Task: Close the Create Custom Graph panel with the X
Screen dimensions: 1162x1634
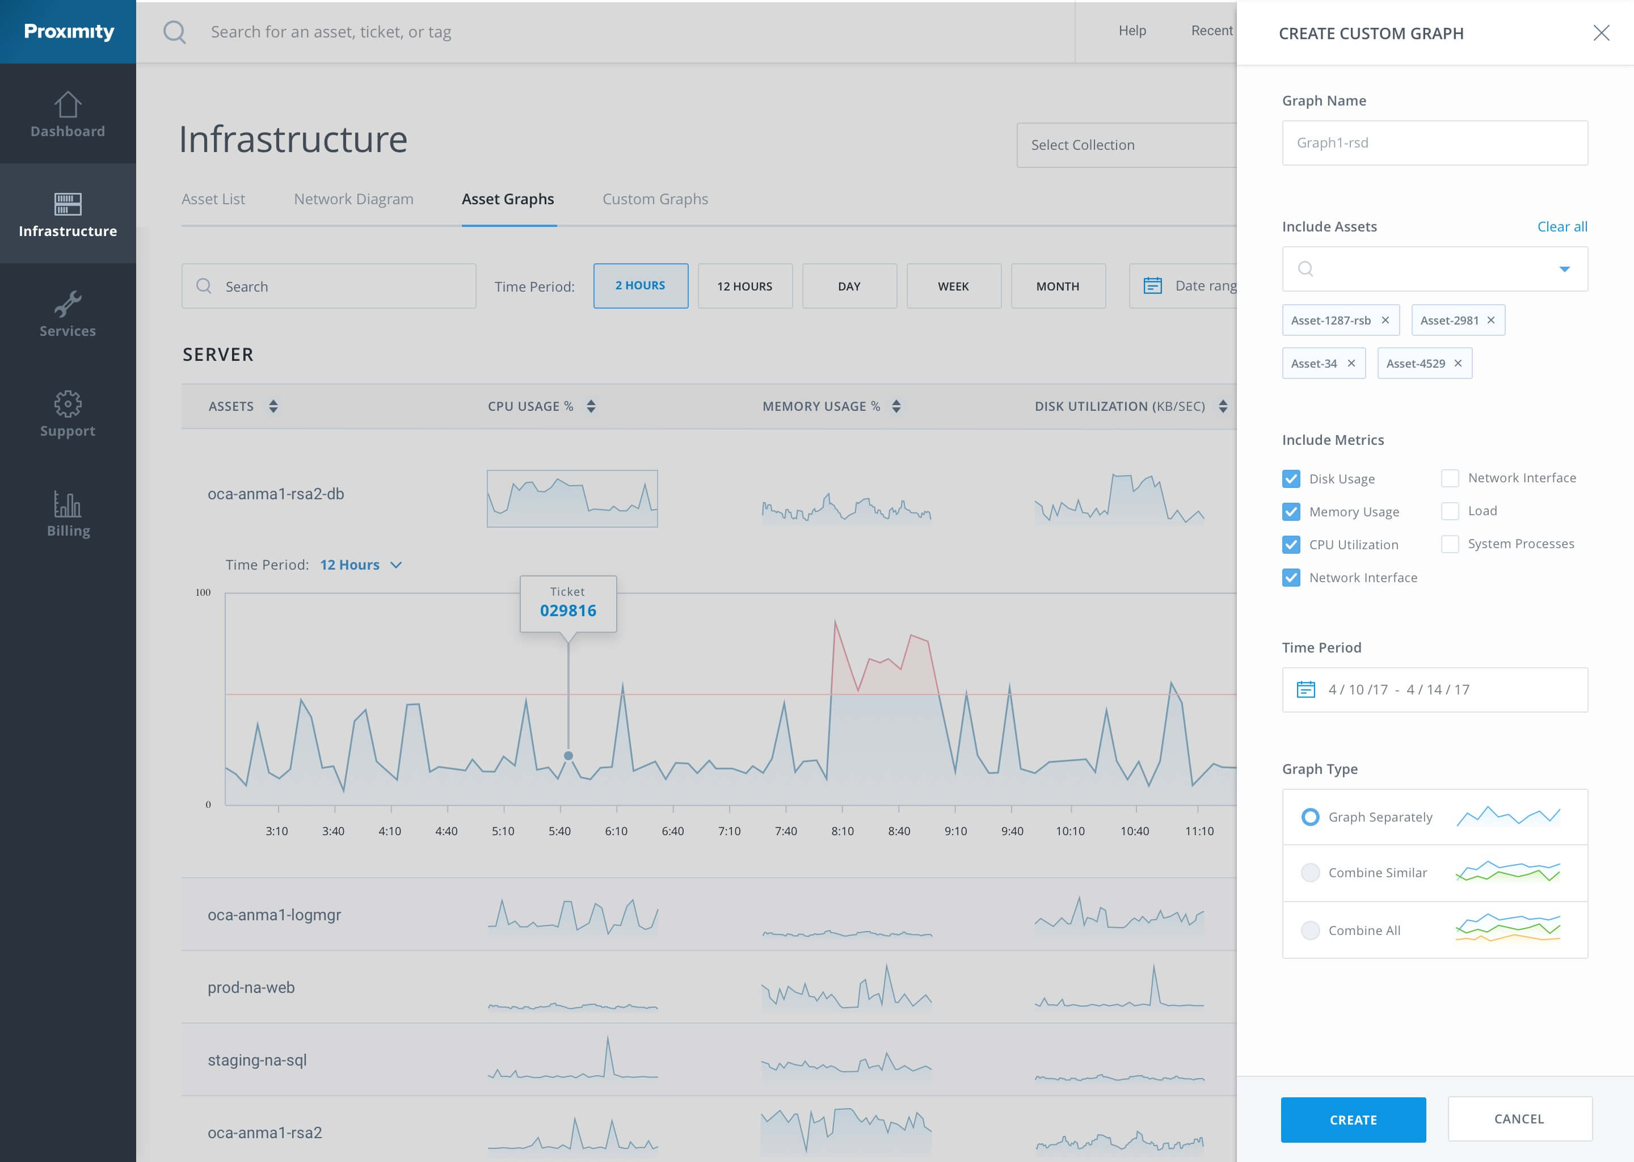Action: [1601, 33]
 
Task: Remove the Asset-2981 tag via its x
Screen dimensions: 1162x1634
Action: [1490, 320]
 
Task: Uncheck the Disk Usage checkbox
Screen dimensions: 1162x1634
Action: [1291, 479]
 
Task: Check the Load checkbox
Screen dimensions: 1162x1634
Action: [1450, 511]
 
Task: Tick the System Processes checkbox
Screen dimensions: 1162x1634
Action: [1450, 544]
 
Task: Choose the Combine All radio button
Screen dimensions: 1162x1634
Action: [1309, 929]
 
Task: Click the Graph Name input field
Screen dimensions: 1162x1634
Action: [1434, 143]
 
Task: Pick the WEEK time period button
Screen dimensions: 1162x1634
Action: [953, 286]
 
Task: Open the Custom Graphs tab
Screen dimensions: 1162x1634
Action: [655, 199]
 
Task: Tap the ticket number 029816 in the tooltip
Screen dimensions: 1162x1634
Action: [567, 611]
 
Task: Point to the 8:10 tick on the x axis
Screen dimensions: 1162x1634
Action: [842, 831]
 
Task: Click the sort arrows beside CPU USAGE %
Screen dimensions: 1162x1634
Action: [590, 406]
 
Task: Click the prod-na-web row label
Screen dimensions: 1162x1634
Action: [251, 987]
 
